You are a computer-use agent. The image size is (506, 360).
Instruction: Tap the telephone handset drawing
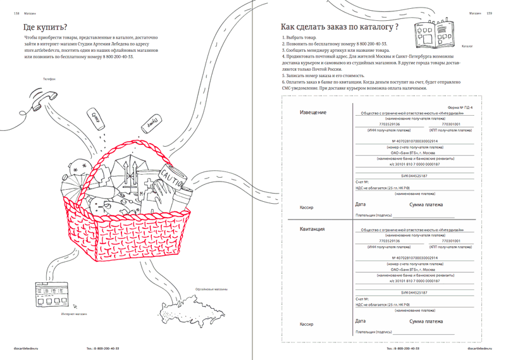tap(45, 97)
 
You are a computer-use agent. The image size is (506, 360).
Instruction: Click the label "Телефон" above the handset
tap(49, 79)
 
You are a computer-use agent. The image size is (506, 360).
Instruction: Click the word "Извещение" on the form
tap(313, 113)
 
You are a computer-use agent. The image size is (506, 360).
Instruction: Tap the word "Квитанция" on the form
tap(312, 229)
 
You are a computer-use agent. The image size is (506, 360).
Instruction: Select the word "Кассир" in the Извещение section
tap(307, 208)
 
